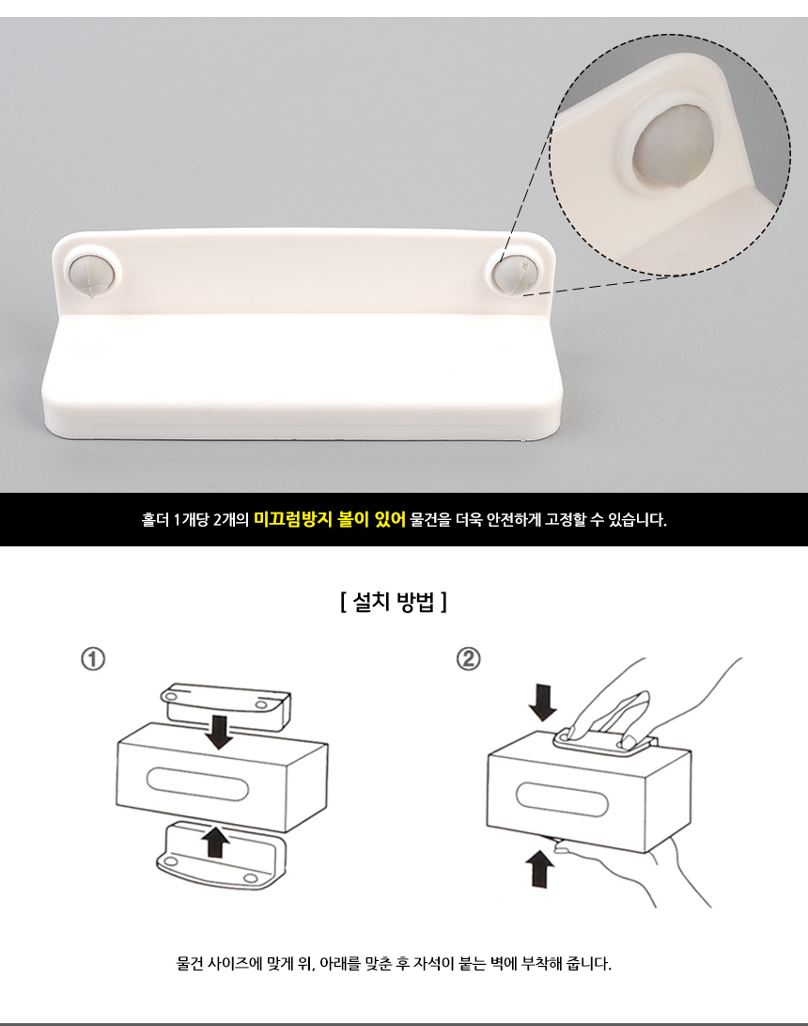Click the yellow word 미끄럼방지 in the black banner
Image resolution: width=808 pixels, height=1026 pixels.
tap(292, 520)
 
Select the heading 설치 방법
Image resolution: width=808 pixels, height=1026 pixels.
tap(394, 601)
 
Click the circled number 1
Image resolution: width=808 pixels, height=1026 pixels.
tap(93, 659)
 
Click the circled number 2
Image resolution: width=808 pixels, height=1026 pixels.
tap(468, 658)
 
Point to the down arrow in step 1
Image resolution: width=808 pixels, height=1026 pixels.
tap(218, 733)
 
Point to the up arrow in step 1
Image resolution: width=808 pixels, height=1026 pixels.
tap(215, 842)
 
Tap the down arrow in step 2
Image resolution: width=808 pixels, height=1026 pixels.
tap(543, 702)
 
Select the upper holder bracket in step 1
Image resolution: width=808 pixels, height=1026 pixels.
tap(226, 706)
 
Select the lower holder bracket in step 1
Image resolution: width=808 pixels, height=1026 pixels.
tap(221, 857)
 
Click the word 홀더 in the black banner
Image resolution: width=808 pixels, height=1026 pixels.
tap(155, 520)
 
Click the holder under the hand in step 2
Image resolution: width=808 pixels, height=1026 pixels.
tap(605, 744)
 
